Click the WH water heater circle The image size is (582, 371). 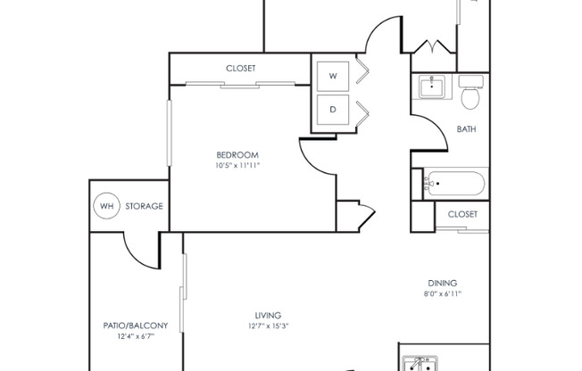(x=106, y=206)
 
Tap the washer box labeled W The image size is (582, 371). (x=333, y=77)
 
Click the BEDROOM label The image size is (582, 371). (x=237, y=154)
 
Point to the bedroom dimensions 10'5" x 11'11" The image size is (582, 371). (x=237, y=165)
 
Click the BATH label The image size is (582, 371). (x=466, y=129)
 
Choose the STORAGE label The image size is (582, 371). (x=144, y=206)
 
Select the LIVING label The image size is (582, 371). (x=268, y=315)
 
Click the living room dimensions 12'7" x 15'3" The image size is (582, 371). (x=268, y=326)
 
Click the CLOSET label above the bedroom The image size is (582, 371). (x=240, y=68)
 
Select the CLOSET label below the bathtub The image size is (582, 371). (x=462, y=214)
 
